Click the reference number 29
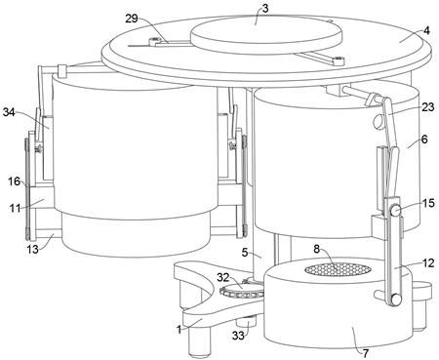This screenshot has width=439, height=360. (x=132, y=19)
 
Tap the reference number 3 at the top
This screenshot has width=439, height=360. (x=265, y=8)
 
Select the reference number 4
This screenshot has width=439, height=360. (x=426, y=30)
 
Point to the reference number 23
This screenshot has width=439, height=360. (x=428, y=107)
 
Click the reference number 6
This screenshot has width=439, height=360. (x=424, y=140)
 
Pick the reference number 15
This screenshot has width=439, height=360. (x=428, y=203)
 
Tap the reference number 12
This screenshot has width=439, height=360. (x=428, y=262)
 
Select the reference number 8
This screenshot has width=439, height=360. (x=317, y=249)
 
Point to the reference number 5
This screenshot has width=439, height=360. (x=246, y=252)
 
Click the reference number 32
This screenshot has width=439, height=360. (x=223, y=278)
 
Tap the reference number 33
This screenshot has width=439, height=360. (x=238, y=335)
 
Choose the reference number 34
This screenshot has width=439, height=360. (x=9, y=112)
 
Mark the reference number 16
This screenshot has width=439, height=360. (x=15, y=181)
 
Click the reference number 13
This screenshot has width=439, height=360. (x=32, y=250)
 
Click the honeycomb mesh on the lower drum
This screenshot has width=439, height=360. (x=338, y=269)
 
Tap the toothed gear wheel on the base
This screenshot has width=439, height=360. (x=241, y=290)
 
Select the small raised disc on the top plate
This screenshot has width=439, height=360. (x=265, y=34)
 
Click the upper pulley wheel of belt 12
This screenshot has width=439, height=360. (x=394, y=210)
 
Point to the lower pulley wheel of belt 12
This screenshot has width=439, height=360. (x=395, y=299)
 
